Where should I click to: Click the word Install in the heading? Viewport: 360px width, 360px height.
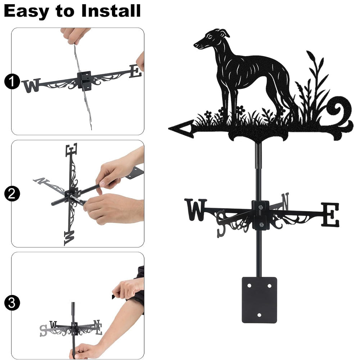pos(111,11)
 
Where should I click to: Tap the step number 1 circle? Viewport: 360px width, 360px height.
pos(12,81)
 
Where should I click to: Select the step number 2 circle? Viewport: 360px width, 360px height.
pos(12,194)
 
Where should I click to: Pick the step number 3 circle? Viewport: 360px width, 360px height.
pos(12,303)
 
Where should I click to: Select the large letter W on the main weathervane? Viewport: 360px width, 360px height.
pos(196,210)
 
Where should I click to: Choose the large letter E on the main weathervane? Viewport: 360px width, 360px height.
pos(330,215)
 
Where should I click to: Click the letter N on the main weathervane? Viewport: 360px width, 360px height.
pos(285,201)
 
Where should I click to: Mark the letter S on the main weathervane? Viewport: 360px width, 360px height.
pos(221,224)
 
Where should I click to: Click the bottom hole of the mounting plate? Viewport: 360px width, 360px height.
pos(259,315)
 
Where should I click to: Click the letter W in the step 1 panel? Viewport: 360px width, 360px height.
pos(31,85)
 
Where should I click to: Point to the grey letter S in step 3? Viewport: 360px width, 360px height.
pos(43,330)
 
